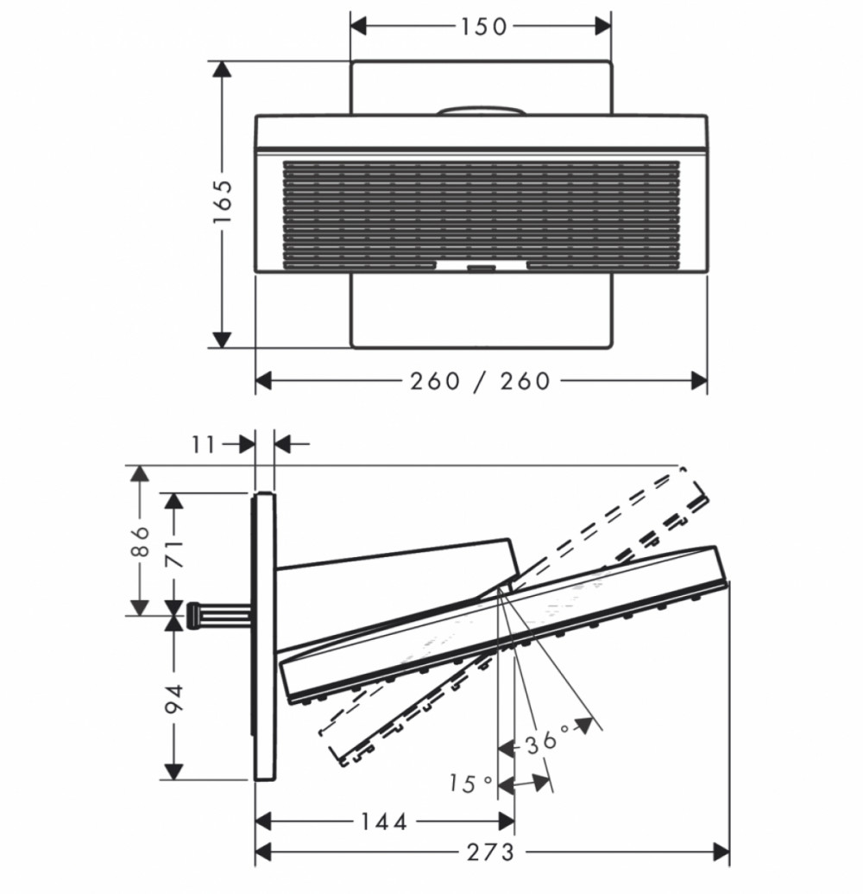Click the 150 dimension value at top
(x=483, y=27)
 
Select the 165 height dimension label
(x=223, y=202)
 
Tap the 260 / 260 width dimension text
(x=480, y=381)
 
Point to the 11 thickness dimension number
(x=204, y=444)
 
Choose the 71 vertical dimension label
(x=174, y=553)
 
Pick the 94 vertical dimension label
(x=173, y=699)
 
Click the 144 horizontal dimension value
(x=385, y=821)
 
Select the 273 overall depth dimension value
(x=490, y=853)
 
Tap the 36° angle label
(x=547, y=740)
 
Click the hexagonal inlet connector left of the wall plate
(x=193, y=616)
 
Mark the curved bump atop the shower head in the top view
(x=482, y=110)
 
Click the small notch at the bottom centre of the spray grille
(x=482, y=266)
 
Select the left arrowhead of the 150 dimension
(x=358, y=26)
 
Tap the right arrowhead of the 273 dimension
(x=721, y=853)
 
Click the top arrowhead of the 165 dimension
(x=222, y=69)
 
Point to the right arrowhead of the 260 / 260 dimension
(x=699, y=381)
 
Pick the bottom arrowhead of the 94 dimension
(x=173, y=771)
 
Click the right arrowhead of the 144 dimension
(x=507, y=821)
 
